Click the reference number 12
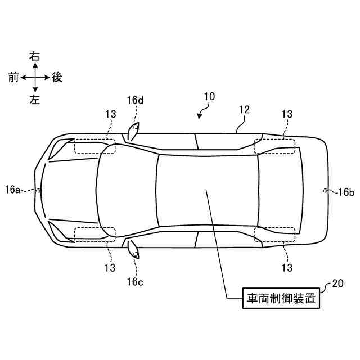[x=244, y=110]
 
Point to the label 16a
[x=12, y=190]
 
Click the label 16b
[x=345, y=192]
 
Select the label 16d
[x=135, y=100]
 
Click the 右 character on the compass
[x=35, y=56]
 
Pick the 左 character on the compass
[x=35, y=99]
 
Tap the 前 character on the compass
[x=13, y=78]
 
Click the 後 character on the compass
[x=57, y=78]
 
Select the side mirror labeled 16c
[x=133, y=248]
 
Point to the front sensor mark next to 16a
[x=38, y=190]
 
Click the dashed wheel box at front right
[x=94, y=146]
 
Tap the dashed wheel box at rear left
[x=274, y=235]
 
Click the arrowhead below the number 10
[x=199, y=116]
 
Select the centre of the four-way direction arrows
[x=35, y=78]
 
